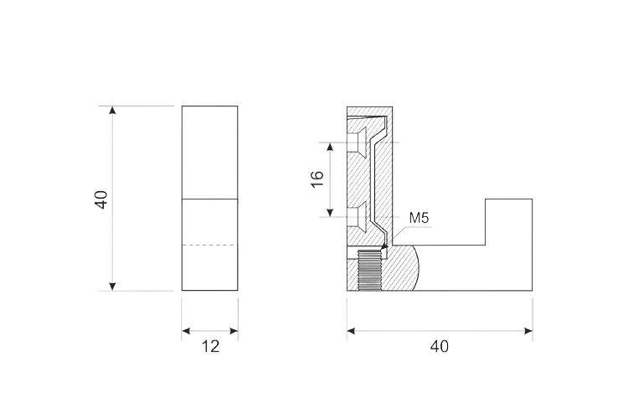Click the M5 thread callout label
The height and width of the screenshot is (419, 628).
419,218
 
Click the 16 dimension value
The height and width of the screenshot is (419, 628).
317,179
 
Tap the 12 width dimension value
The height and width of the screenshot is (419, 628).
210,346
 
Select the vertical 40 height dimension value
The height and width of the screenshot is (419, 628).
101,199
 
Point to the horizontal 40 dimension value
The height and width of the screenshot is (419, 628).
440,346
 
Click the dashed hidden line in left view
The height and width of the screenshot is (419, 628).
210,245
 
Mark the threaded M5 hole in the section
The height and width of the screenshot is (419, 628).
369,270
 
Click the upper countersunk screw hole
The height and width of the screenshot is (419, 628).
357,142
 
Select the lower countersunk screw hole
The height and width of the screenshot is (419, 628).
357,217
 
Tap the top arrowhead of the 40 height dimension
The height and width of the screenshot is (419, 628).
112,111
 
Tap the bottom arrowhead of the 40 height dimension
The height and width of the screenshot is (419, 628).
112,287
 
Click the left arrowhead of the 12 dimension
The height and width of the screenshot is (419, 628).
186,331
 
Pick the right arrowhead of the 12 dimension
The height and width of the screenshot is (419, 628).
234,331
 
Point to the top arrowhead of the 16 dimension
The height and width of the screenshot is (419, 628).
330,147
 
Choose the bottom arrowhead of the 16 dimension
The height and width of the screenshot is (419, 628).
330,213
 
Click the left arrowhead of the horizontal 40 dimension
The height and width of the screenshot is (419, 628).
351,331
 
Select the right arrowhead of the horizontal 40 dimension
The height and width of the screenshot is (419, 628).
528,331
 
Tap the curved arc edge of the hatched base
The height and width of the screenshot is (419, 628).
417,268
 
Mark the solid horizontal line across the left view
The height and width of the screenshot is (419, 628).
210,199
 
